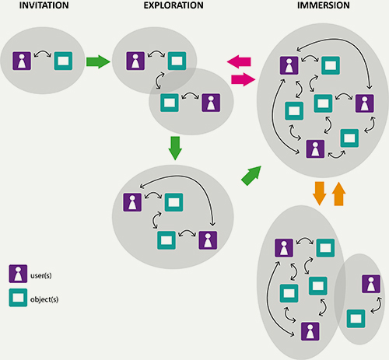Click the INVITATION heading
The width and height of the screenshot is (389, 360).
pyautogui.click(x=44, y=5)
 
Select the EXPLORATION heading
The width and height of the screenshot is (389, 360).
pyautogui.click(x=173, y=5)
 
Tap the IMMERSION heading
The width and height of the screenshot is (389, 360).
pyautogui.click(x=324, y=5)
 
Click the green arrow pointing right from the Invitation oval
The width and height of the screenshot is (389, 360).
pyautogui.click(x=98, y=61)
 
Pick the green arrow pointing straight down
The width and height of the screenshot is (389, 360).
pyautogui.click(x=175, y=149)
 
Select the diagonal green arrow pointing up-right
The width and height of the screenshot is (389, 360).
pyautogui.click(x=251, y=176)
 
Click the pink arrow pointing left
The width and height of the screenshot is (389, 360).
pyautogui.click(x=239, y=61)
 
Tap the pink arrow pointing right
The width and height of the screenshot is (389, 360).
pyautogui.click(x=243, y=79)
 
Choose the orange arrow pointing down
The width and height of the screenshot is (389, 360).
pyautogui.click(x=319, y=194)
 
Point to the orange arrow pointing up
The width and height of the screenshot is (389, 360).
pyautogui.click(x=338, y=194)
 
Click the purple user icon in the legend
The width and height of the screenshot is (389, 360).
pyautogui.click(x=18, y=274)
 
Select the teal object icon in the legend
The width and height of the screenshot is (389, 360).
pyautogui.click(x=18, y=298)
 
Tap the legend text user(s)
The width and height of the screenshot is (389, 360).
pyautogui.click(x=41, y=275)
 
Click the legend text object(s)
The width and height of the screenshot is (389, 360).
pyautogui.click(x=44, y=299)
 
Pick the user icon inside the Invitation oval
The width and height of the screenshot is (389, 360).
pyautogui.click(x=22, y=61)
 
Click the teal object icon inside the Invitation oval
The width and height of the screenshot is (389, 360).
pyautogui.click(x=63, y=61)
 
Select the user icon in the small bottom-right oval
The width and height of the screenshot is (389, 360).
pyautogui.click(x=371, y=284)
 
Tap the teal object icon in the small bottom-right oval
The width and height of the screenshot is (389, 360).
pyautogui.click(x=356, y=318)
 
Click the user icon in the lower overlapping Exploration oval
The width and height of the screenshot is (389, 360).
pyautogui.click(x=211, y=103)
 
